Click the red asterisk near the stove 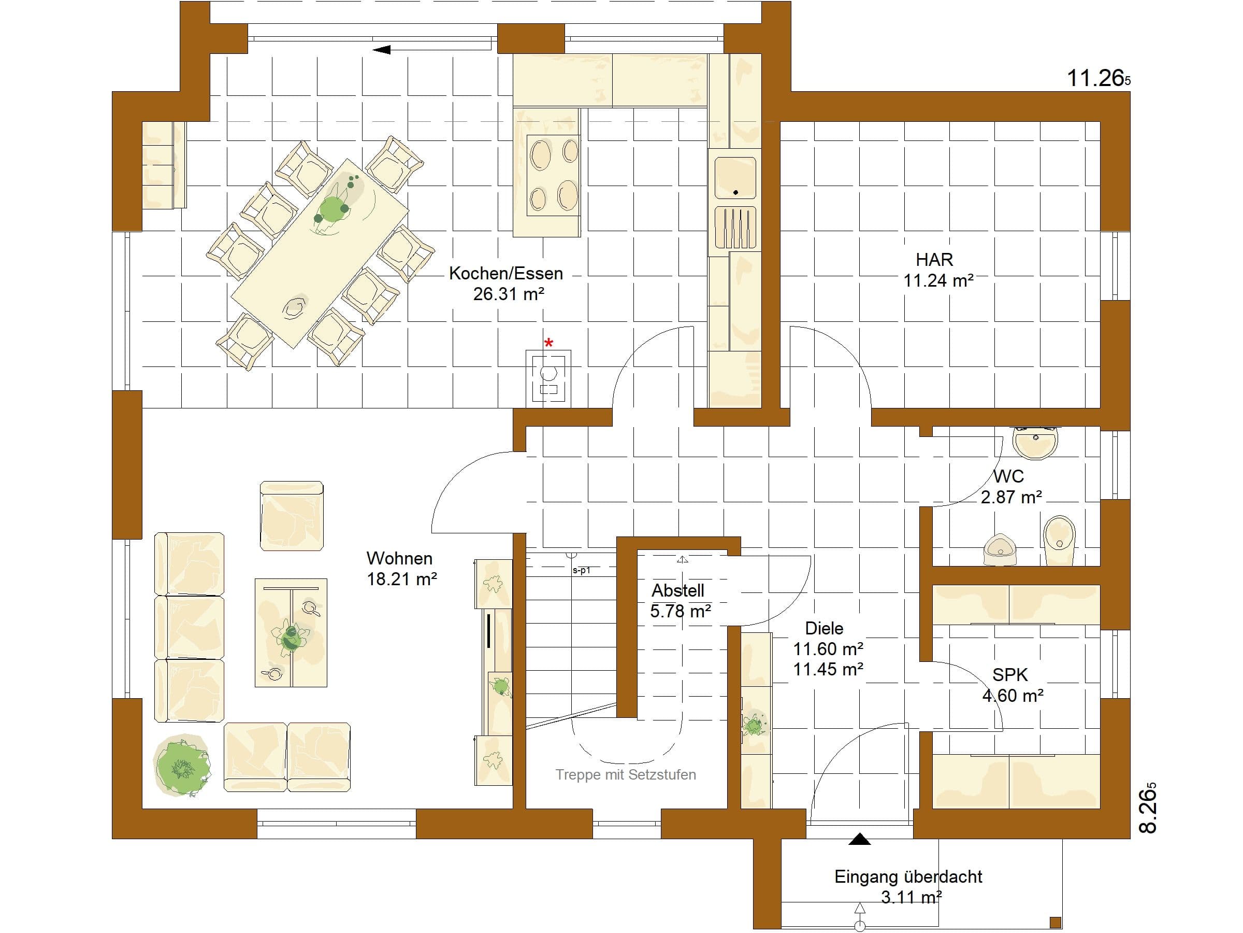[x=549, y=343]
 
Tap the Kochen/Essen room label [x=505, y=274]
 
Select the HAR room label [x=934, y=260]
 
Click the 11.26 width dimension [x=1099, y=78]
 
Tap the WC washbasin [x=1035, y=442]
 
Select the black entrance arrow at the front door [x=859, y=839]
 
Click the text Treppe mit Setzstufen [x=626, y=775]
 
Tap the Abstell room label [x=677, y=590]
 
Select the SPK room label [x=1010, y=675]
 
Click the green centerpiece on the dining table [x=331, y=209]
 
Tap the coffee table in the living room [x=291, y=633]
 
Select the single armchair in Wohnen [x=292, y=516]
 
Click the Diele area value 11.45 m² [x=828, y=669]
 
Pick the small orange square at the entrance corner [x=1056, y=922]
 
